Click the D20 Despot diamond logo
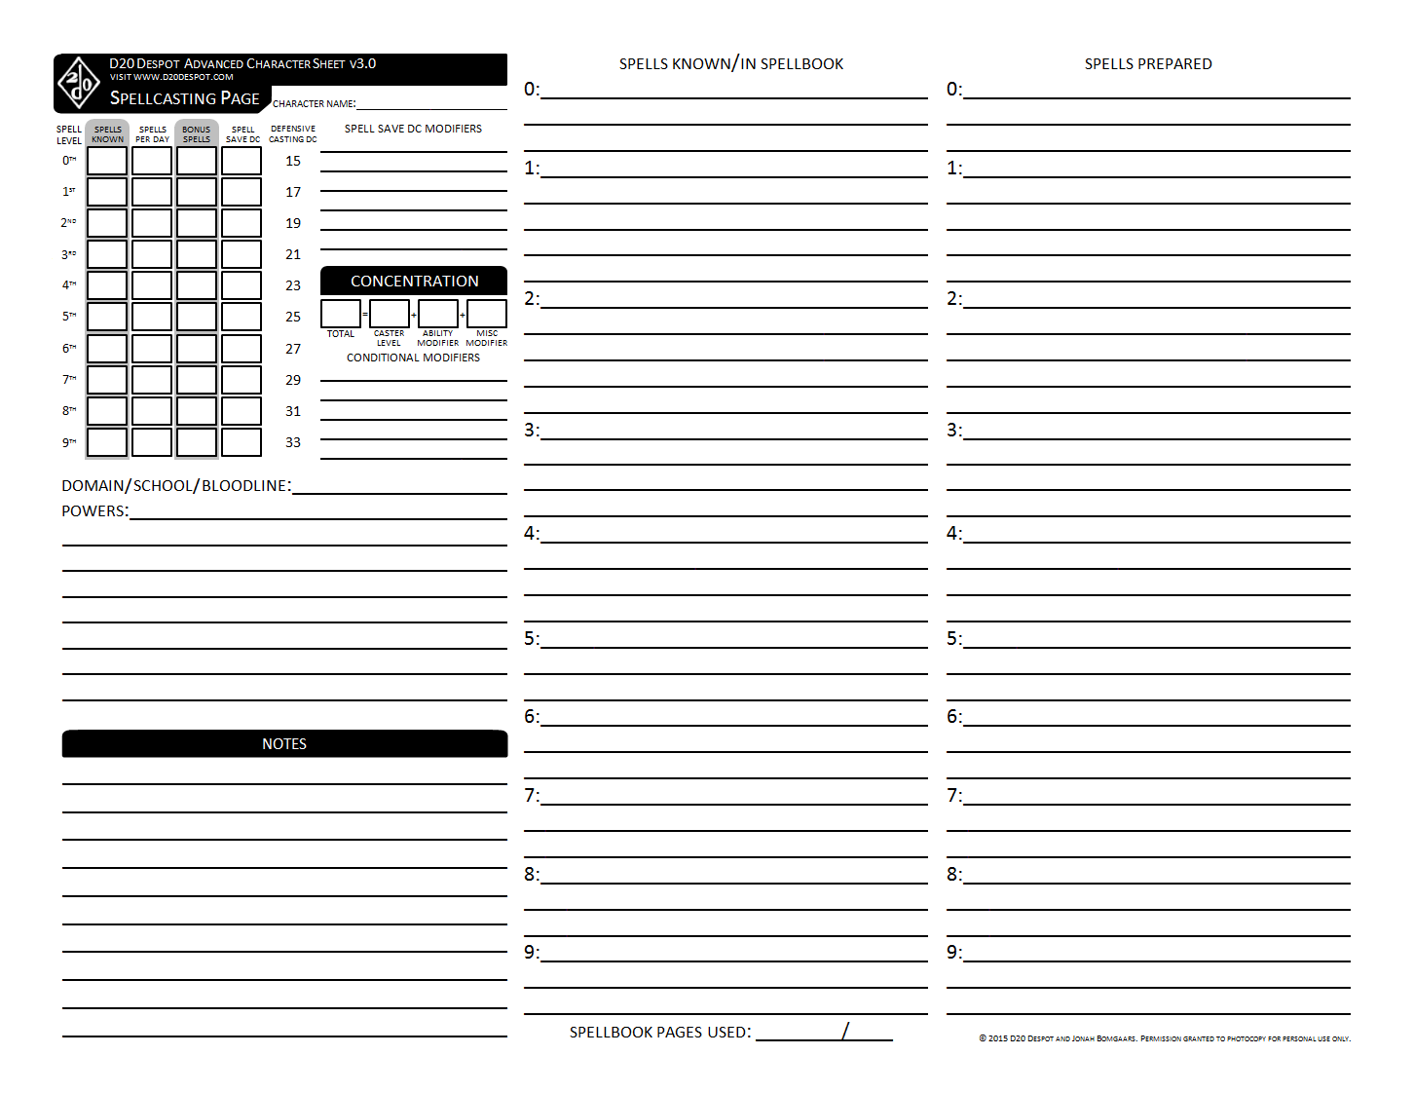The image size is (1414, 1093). click(x=79, y=84)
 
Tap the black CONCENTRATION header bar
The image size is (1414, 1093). click(x=414, y=281)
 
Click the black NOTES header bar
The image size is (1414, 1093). click(x=284, y=743)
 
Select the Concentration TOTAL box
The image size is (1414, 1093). click(x=341, y=314)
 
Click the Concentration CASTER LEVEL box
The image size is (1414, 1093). click(x=390, y=314)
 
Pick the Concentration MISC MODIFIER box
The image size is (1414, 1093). click(x=487, y=314)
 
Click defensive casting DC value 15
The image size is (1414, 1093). click(x=293, y=161)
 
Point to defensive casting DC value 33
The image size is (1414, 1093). click(x=293, y=442)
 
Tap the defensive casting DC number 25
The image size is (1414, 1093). click(x=293, y=317)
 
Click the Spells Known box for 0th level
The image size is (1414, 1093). click(x=107, y=161)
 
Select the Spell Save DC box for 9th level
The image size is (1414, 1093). click(x=242, y=442)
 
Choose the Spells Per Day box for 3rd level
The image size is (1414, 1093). click(x=152, y=254)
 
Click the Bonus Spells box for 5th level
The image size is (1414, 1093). click(x=197, y=317)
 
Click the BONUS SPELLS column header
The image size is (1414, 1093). click(x=197, y=133)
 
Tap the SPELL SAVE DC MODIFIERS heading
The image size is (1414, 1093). click(x=413, y=129)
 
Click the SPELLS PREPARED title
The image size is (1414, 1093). click(x=1148, y=64)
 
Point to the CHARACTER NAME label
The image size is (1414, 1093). click(x=314, y=104)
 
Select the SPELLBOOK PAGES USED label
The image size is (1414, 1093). click(x=660, y=1033)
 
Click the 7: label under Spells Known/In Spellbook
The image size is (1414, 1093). click(x=532, y=796)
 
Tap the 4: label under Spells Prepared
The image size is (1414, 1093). click(x=954, y=534)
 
